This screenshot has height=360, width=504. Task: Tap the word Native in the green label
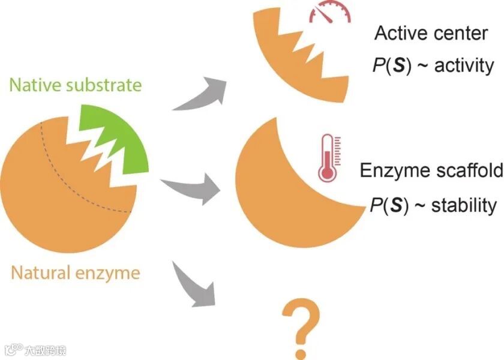pyautogui.click(x=30, y=85)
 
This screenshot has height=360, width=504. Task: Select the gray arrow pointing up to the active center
pyautogui.click(x=201, y=93)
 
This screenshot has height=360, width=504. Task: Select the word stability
pyautogui.click(x=464, y=206)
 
